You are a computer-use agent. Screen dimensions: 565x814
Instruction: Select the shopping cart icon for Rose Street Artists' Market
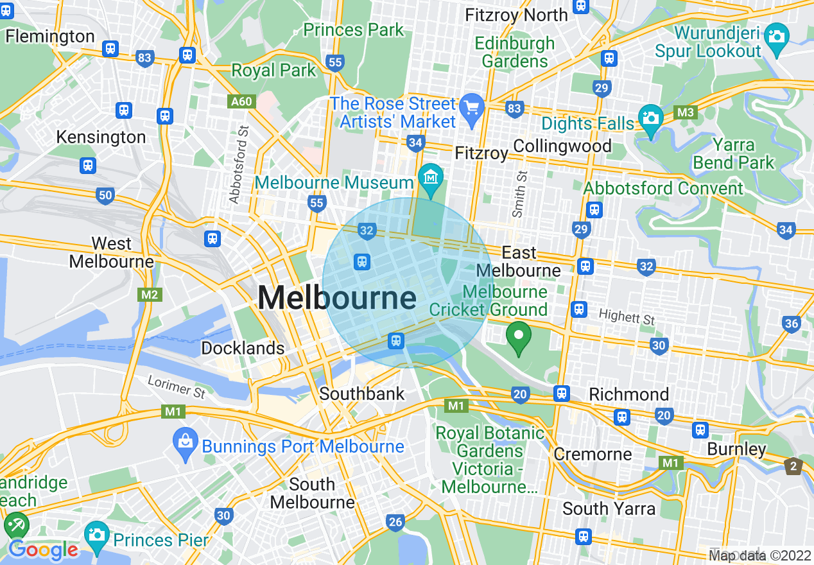click(472, 106)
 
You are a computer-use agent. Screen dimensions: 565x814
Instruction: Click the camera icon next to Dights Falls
click(650, 119)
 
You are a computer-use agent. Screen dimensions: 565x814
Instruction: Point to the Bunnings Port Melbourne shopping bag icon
click(186, 441)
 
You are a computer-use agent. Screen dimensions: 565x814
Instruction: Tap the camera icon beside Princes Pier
click(97, 534)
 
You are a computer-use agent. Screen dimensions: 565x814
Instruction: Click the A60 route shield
click(241, 101)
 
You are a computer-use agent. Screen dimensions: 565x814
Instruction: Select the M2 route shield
click(150, 295)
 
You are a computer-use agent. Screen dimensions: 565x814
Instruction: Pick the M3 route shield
click(686, 113)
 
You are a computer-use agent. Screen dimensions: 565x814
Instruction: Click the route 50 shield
click(105, 196)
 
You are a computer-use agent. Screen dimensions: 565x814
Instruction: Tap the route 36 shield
click(791, 324)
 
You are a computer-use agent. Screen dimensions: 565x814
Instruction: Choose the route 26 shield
click(395, 523)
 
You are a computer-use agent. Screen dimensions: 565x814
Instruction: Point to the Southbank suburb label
click(362, 394)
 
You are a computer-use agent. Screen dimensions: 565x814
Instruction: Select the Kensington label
click(101, 137)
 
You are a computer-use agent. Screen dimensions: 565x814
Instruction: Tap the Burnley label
click(736, 449)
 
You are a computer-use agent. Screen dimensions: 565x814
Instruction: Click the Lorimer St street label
click(177, 387)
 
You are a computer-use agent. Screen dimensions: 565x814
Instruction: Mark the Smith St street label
click(519, 193)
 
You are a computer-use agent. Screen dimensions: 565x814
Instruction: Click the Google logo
click(43, 550)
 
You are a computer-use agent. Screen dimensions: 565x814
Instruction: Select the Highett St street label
click(627, 317)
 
